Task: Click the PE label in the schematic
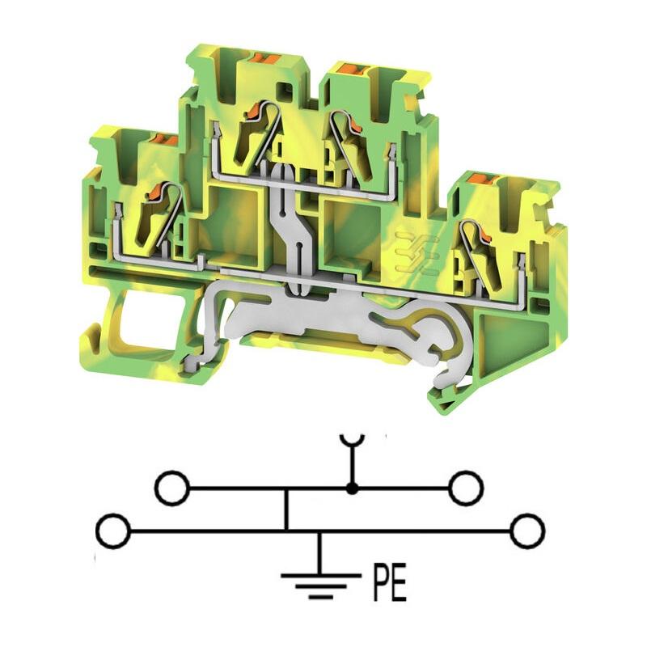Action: click(390, 582)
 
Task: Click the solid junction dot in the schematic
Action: click(352, 489)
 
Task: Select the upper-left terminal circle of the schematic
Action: click(172, 488)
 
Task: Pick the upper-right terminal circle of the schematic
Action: click(466, 489)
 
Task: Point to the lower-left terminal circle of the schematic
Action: click(113, 531)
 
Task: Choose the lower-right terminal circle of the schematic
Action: click(528, 531)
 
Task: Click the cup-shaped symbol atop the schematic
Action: click(352, 440)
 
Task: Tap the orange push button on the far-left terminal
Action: click(165, 139)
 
